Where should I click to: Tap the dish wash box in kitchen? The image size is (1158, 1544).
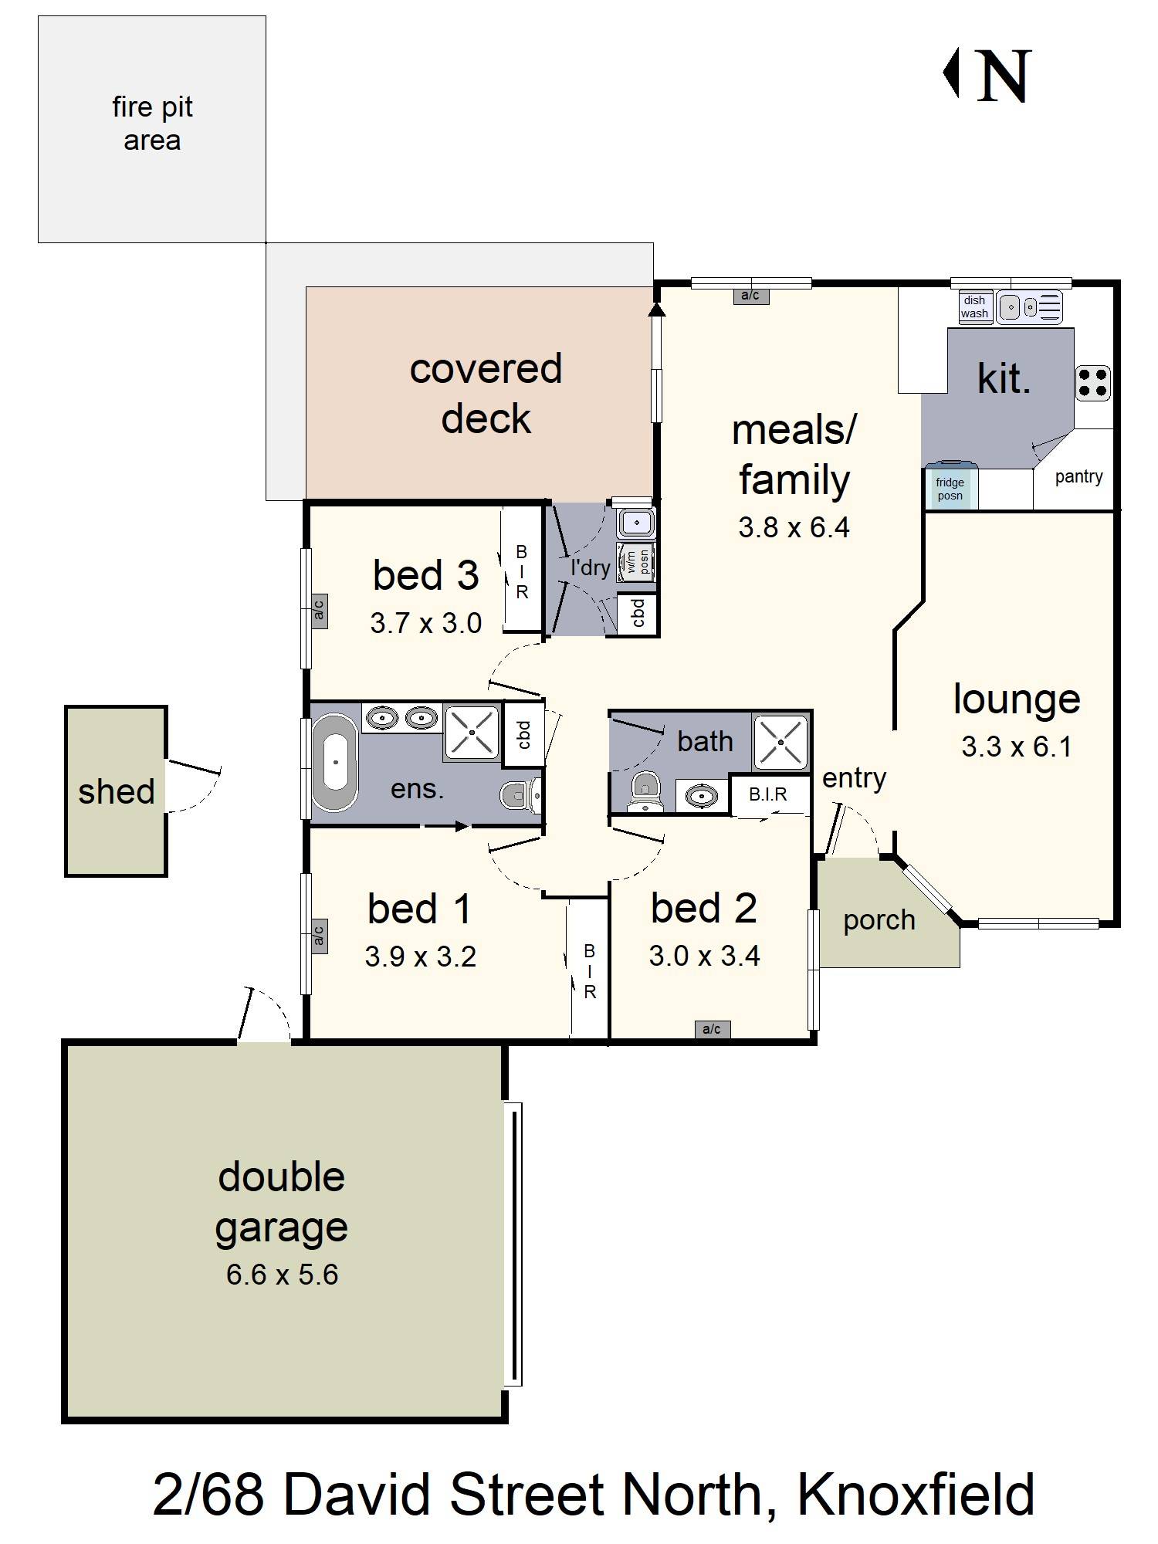tap(974, 306)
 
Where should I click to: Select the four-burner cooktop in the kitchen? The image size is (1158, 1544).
tap(1093, 383)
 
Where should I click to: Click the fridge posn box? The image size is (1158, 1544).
tap(950, 489)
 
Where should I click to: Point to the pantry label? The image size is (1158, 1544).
tap(1078, 476)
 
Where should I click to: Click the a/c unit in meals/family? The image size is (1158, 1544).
tap(750, 296)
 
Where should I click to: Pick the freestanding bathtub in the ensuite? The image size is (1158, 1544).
tap(335, 762)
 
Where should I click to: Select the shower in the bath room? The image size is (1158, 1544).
tap(780, 743)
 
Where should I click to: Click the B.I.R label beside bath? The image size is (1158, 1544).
tap(768, 794)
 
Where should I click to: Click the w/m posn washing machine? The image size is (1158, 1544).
tap(637, 561)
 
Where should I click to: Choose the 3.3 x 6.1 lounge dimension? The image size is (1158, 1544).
tap(1016, 747)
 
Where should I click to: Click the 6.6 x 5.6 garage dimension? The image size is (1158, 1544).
tap(282, 1275)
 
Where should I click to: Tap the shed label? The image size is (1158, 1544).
tap(117, 791)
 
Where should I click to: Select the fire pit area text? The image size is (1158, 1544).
tap(152, 124)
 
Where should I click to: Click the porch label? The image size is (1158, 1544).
tap(879, 920)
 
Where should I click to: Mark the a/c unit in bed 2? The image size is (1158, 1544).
tap(712, 1029)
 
